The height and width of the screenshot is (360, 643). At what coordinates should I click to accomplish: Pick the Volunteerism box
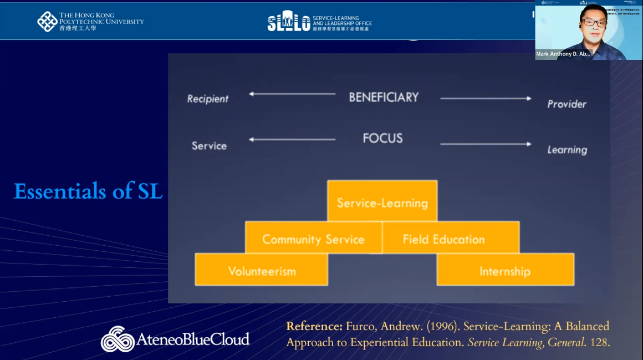[262, 271]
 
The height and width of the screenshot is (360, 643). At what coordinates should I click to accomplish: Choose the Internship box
[504, 271]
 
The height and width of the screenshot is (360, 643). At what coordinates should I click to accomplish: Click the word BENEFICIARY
[384, 97]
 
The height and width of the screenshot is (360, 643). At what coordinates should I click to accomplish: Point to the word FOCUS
[382, 138]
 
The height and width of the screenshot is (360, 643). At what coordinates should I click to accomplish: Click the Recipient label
[208, 99]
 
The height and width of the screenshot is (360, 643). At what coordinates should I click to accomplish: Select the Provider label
[567, 104]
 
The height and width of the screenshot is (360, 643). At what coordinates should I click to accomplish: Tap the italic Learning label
[567, 150]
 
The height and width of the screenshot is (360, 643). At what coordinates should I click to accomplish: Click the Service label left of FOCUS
[209, 145]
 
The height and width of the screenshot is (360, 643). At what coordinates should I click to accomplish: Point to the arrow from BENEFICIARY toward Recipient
[292, 94]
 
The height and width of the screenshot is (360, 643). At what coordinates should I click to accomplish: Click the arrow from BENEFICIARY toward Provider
[486, 99]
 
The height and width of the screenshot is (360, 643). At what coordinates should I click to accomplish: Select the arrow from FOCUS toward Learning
[486, 144]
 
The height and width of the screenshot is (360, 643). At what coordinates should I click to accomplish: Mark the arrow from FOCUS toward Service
[292, 139]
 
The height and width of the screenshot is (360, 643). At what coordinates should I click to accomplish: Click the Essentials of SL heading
[88, 191]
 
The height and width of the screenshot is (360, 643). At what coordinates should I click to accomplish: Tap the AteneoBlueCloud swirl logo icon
[118, 338]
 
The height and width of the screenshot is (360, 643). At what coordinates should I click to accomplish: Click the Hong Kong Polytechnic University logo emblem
[47, 21]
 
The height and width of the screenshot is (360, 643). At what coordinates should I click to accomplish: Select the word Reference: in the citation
[314, 326]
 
